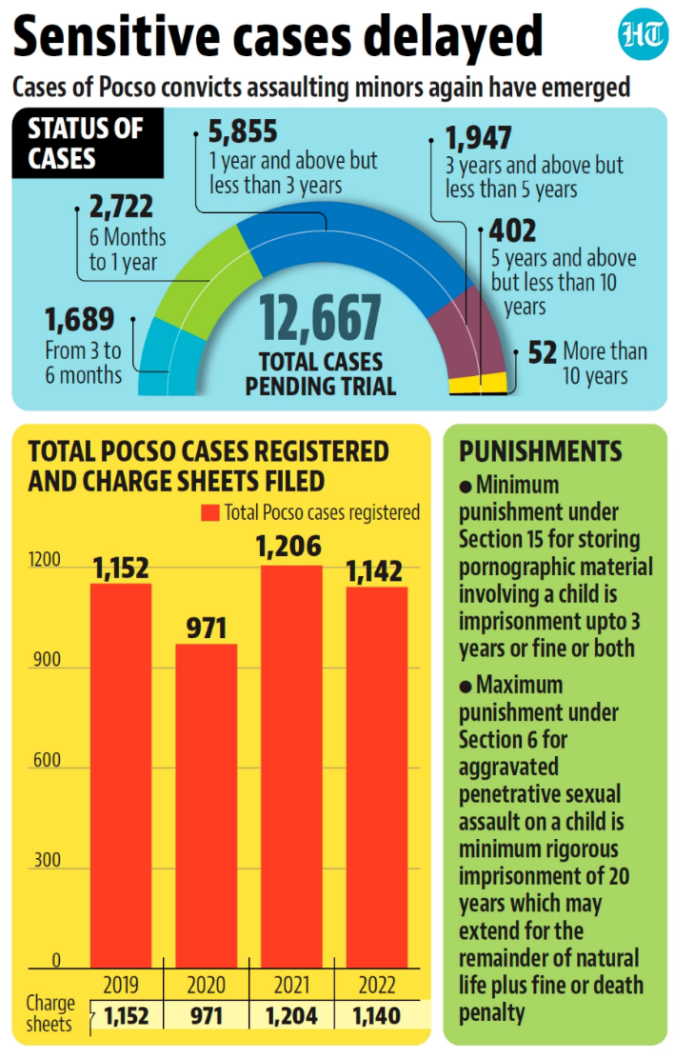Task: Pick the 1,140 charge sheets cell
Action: [375, 1015]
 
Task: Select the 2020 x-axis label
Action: [206, 984]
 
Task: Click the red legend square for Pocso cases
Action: [210, 513]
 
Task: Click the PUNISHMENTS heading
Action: [540, 451]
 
